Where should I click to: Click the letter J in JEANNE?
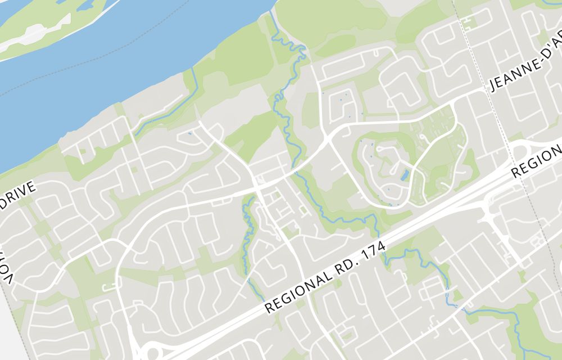[x=495, y=87]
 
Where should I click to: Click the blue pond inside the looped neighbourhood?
[x=405, y=175]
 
